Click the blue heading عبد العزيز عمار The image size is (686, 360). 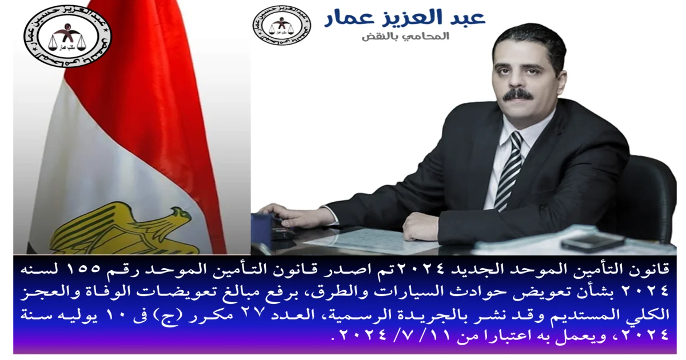pyautogui.click(x=405, y=18)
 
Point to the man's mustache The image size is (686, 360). pyautogui.click(x=517, y=94)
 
